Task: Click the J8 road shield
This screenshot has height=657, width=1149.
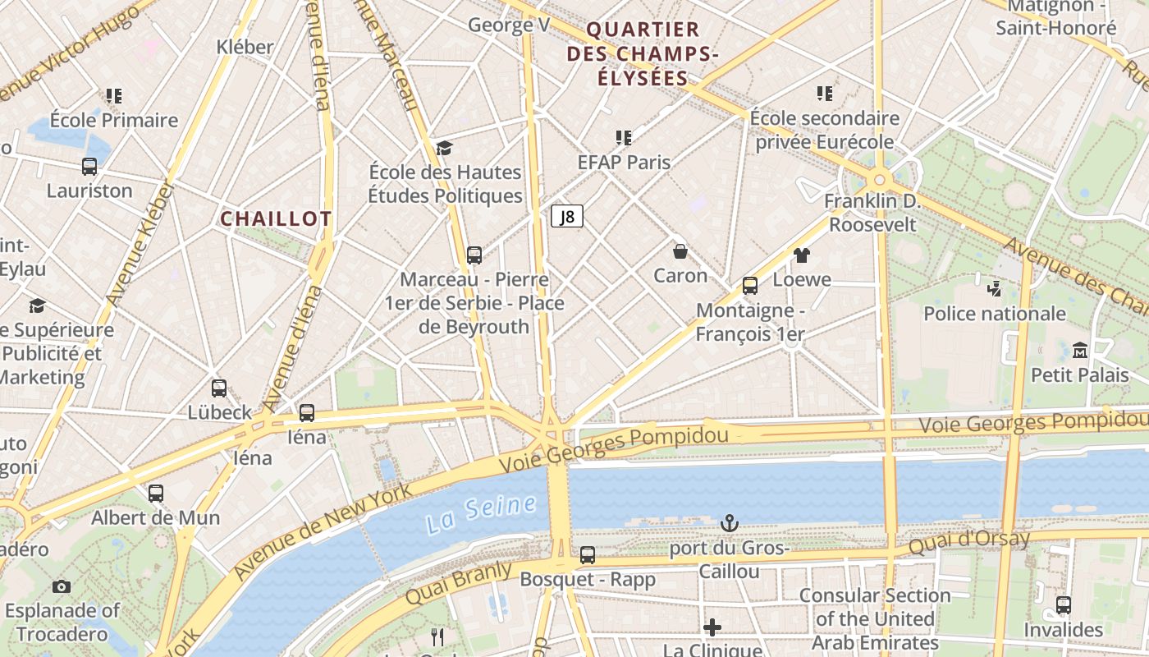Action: point(567,217)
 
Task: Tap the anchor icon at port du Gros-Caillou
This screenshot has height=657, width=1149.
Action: point(729,522)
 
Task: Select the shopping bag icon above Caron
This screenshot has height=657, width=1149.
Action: point(680,250)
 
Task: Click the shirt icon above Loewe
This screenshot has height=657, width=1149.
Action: point(802,255)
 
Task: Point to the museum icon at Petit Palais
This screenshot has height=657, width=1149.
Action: point(1080,351)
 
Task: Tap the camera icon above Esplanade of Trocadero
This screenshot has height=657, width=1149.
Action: point(62,586)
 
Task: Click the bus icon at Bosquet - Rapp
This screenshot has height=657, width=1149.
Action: point(588,555)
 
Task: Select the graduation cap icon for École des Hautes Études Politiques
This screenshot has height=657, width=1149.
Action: point(444,148)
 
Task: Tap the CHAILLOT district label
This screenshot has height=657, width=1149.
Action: point(276,218)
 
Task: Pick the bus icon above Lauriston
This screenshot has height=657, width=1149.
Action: point(89,167)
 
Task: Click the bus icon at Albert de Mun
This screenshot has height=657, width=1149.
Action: point(155,494)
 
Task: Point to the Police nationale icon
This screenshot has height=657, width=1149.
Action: point(994,289)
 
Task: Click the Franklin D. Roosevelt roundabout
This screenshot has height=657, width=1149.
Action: point(880,179)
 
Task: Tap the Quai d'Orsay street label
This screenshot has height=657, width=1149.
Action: point(968,543)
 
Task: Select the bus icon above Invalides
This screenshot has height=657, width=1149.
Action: point(1064,605)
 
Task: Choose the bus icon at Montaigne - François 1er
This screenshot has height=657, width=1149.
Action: point(749,286)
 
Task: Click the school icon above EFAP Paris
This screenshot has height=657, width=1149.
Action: point(624,138)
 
